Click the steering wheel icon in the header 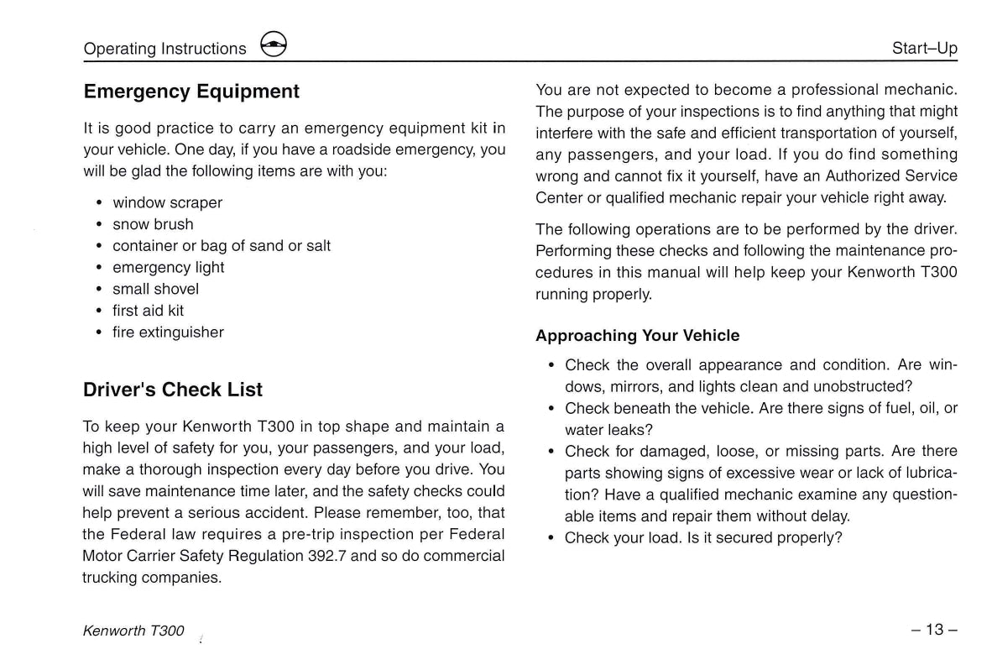pos(274,46)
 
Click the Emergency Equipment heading pos(191,92)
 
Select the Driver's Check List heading pos(173,390)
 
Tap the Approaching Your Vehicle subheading pos(638,336)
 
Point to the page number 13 pos(935,630)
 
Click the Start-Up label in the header pos(924,49)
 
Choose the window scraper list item pos(167,203)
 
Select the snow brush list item pos(153,224)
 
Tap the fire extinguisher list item pos(168,332)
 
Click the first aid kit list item pos(148,311)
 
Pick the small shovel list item pos(155,289)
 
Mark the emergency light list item pos(168,268)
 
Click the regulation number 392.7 pos(328,556)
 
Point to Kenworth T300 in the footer pos(133,631)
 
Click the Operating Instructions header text pos(165,49)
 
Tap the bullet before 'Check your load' pos(551,538)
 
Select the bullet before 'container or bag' pos(100,246)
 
